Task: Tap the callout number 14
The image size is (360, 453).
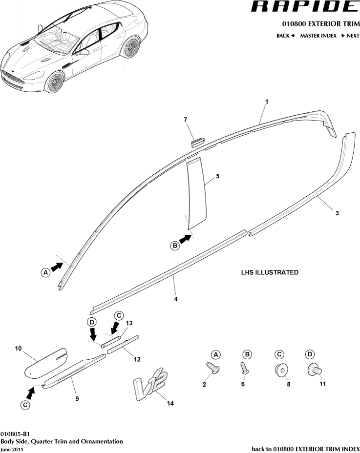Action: coord(170,403)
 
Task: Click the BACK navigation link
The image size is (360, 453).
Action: coord(285,36)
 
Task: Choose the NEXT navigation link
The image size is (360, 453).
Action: coord(350,36)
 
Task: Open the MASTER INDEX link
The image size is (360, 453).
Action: coord(318,36)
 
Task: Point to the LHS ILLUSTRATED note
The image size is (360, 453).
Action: coord(270,272)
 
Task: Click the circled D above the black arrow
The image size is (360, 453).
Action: coord(91,322)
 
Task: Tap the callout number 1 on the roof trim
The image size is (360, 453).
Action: coord(267,102)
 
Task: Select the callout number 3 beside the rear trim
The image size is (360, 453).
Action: coord(337,213)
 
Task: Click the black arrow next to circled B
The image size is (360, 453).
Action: coord(185,239)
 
